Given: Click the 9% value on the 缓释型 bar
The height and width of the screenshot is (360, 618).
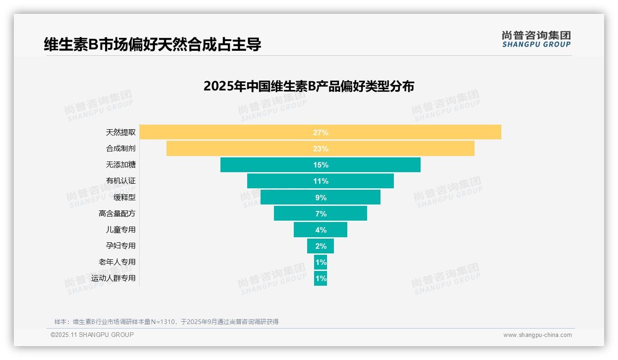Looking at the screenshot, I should [321, 198].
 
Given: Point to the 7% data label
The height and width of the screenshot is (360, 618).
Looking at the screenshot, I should [321, 214].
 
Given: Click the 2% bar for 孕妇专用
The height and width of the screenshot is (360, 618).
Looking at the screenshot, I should [321, 246].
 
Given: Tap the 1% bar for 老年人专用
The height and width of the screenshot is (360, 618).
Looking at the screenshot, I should [321, 262].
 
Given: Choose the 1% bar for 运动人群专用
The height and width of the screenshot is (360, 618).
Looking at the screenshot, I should [321, 278].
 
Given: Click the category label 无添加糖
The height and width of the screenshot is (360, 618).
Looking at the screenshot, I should [121, 165].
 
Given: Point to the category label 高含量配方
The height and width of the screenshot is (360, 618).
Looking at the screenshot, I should [117, 214].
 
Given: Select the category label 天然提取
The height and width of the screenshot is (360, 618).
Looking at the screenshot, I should [121, 132].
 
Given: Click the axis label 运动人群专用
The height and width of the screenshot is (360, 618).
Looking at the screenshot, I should [113, 278].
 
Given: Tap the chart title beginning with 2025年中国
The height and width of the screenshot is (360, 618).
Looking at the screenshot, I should [309, 86].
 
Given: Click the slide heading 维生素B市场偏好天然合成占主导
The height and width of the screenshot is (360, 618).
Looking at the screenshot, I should [152, 45].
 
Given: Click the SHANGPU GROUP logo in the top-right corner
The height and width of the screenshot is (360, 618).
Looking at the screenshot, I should [536, 39].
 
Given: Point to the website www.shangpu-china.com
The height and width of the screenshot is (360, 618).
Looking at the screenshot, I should [537, 335].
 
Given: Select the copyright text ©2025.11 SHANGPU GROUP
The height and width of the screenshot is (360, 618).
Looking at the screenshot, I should [92, 335].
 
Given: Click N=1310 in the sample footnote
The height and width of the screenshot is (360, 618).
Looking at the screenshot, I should [163, 322].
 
